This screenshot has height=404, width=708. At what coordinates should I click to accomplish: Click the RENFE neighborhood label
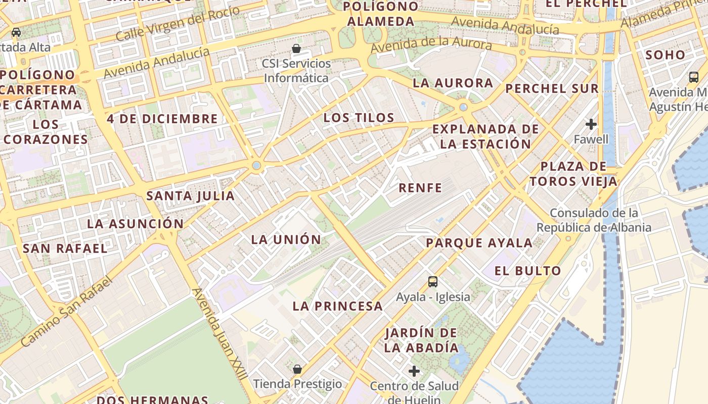click(420, 188)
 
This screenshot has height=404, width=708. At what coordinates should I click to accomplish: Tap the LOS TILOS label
click(359, 118)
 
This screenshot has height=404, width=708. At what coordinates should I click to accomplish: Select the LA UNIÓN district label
click(286, 239)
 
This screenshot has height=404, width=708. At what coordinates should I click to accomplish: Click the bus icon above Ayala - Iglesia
click(433, 282)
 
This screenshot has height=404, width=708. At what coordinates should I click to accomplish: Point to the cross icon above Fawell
click(591, 124)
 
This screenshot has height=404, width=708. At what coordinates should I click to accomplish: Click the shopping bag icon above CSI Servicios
click(297, 48)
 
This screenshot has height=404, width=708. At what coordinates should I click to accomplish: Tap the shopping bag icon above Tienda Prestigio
click(297, 369)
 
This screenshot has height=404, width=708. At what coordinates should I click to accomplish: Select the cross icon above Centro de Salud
click(414, 371)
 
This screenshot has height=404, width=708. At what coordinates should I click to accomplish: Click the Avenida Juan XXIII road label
click(220, 334)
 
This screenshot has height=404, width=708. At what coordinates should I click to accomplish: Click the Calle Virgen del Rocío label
click(177, 24)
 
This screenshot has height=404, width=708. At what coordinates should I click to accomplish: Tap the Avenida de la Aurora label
click(431, 44)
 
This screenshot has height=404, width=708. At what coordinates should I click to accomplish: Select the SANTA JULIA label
click(191, 195)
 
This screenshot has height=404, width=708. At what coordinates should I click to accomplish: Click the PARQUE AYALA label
click(479, 243)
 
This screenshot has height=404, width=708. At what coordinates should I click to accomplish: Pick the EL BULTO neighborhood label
click(527, 271)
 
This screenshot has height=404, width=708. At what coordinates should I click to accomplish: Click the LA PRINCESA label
click(338, 306)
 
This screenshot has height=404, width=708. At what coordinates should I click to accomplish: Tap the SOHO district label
click(666, 55)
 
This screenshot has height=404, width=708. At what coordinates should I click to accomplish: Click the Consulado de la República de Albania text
click(594, 220)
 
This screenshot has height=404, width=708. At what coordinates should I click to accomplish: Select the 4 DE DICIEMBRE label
click(162, 119)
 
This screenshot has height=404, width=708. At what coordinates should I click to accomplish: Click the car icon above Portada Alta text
click(16, 32)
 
